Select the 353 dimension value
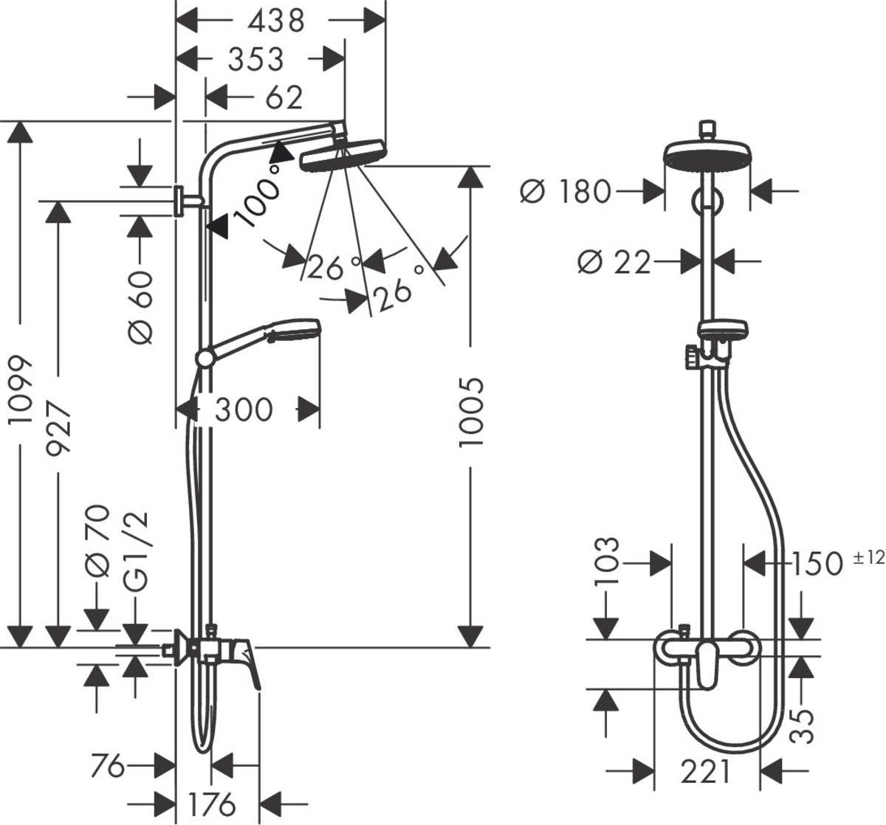pos(255,59)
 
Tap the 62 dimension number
pos(283,97)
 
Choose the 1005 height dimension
pos(470,412)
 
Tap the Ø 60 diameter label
pos(140,306)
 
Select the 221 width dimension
pos(705,772)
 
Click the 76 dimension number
pos(108,766)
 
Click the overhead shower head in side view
pos(343,156)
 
